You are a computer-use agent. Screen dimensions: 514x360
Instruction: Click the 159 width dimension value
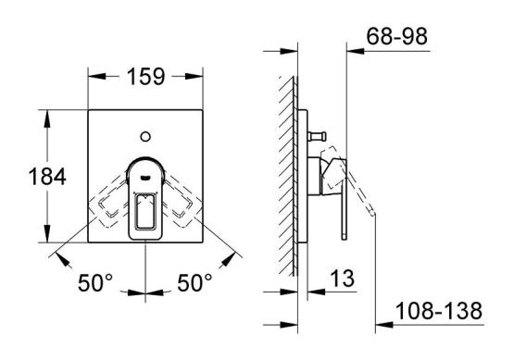click(145, 77)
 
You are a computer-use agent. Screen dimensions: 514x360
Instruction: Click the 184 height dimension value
click(47, 176)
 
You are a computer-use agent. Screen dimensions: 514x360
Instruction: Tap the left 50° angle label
click(95, 282)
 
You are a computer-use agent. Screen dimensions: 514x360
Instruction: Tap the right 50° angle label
click(194, 282)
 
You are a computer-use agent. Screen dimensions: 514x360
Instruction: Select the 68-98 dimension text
click(397, 36)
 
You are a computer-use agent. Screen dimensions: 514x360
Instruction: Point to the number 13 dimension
click(342, 279)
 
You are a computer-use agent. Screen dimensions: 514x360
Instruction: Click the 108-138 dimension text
click(439, 311)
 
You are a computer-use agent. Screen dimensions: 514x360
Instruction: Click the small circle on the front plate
click(145, 136)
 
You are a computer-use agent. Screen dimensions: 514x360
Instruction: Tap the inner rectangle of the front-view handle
click(145, 211)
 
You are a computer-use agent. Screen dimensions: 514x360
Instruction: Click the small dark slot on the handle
click(145, 178)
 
